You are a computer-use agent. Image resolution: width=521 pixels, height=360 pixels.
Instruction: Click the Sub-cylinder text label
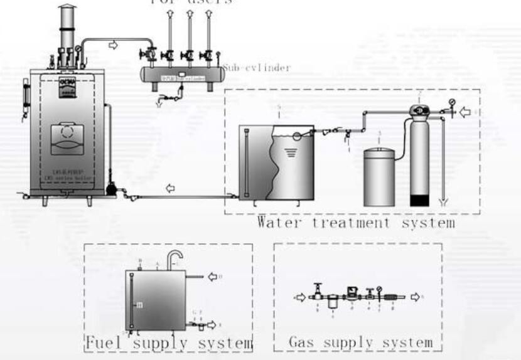(256, 68)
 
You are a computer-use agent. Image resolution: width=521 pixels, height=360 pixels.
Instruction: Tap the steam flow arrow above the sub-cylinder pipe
(114, 45)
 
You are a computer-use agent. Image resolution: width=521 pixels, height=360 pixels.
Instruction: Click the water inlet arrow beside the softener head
(465, 113)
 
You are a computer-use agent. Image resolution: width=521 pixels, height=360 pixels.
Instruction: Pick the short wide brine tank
(380, 176)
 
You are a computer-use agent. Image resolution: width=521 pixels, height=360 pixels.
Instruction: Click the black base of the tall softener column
(420, 201)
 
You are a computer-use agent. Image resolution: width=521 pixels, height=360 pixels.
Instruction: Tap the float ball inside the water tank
(298, 135)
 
